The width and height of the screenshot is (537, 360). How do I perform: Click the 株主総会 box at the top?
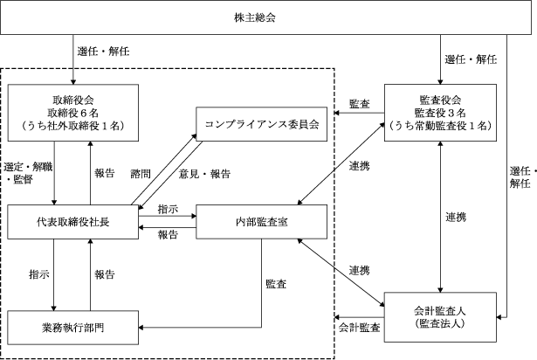pos(265,17)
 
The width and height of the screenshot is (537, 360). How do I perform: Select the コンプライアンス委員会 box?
pos(261,124)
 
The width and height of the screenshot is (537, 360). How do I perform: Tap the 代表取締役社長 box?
pos(73,222)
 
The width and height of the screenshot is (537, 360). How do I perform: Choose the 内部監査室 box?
pos(261,222)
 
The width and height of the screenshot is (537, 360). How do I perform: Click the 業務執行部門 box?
pos(73,328)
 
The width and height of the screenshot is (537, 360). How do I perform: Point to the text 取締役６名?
pos(73,113)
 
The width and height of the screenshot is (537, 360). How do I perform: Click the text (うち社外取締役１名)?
pos(73,126)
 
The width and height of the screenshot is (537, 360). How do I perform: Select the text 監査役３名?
pos(440,113)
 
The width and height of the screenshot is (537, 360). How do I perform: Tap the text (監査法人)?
pos(440,323)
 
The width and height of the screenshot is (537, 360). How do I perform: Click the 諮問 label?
pos(141,174)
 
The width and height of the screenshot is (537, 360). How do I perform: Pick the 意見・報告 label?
pos(204,174)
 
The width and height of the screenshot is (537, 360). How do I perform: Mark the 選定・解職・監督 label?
pos(28,173)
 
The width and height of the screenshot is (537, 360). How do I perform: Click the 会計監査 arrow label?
pos(359,328)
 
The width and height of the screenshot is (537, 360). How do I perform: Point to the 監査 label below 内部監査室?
pos(276,284)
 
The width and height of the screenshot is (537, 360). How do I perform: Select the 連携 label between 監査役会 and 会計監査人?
pos(456,217)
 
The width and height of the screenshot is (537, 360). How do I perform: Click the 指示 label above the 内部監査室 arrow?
pos(168,209)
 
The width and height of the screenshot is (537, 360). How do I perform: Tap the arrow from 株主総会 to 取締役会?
pos(73,59)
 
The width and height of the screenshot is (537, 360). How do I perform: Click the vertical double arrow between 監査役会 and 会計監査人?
pos(440,217)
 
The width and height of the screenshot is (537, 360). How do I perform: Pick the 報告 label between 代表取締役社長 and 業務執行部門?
pos(105,274)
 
